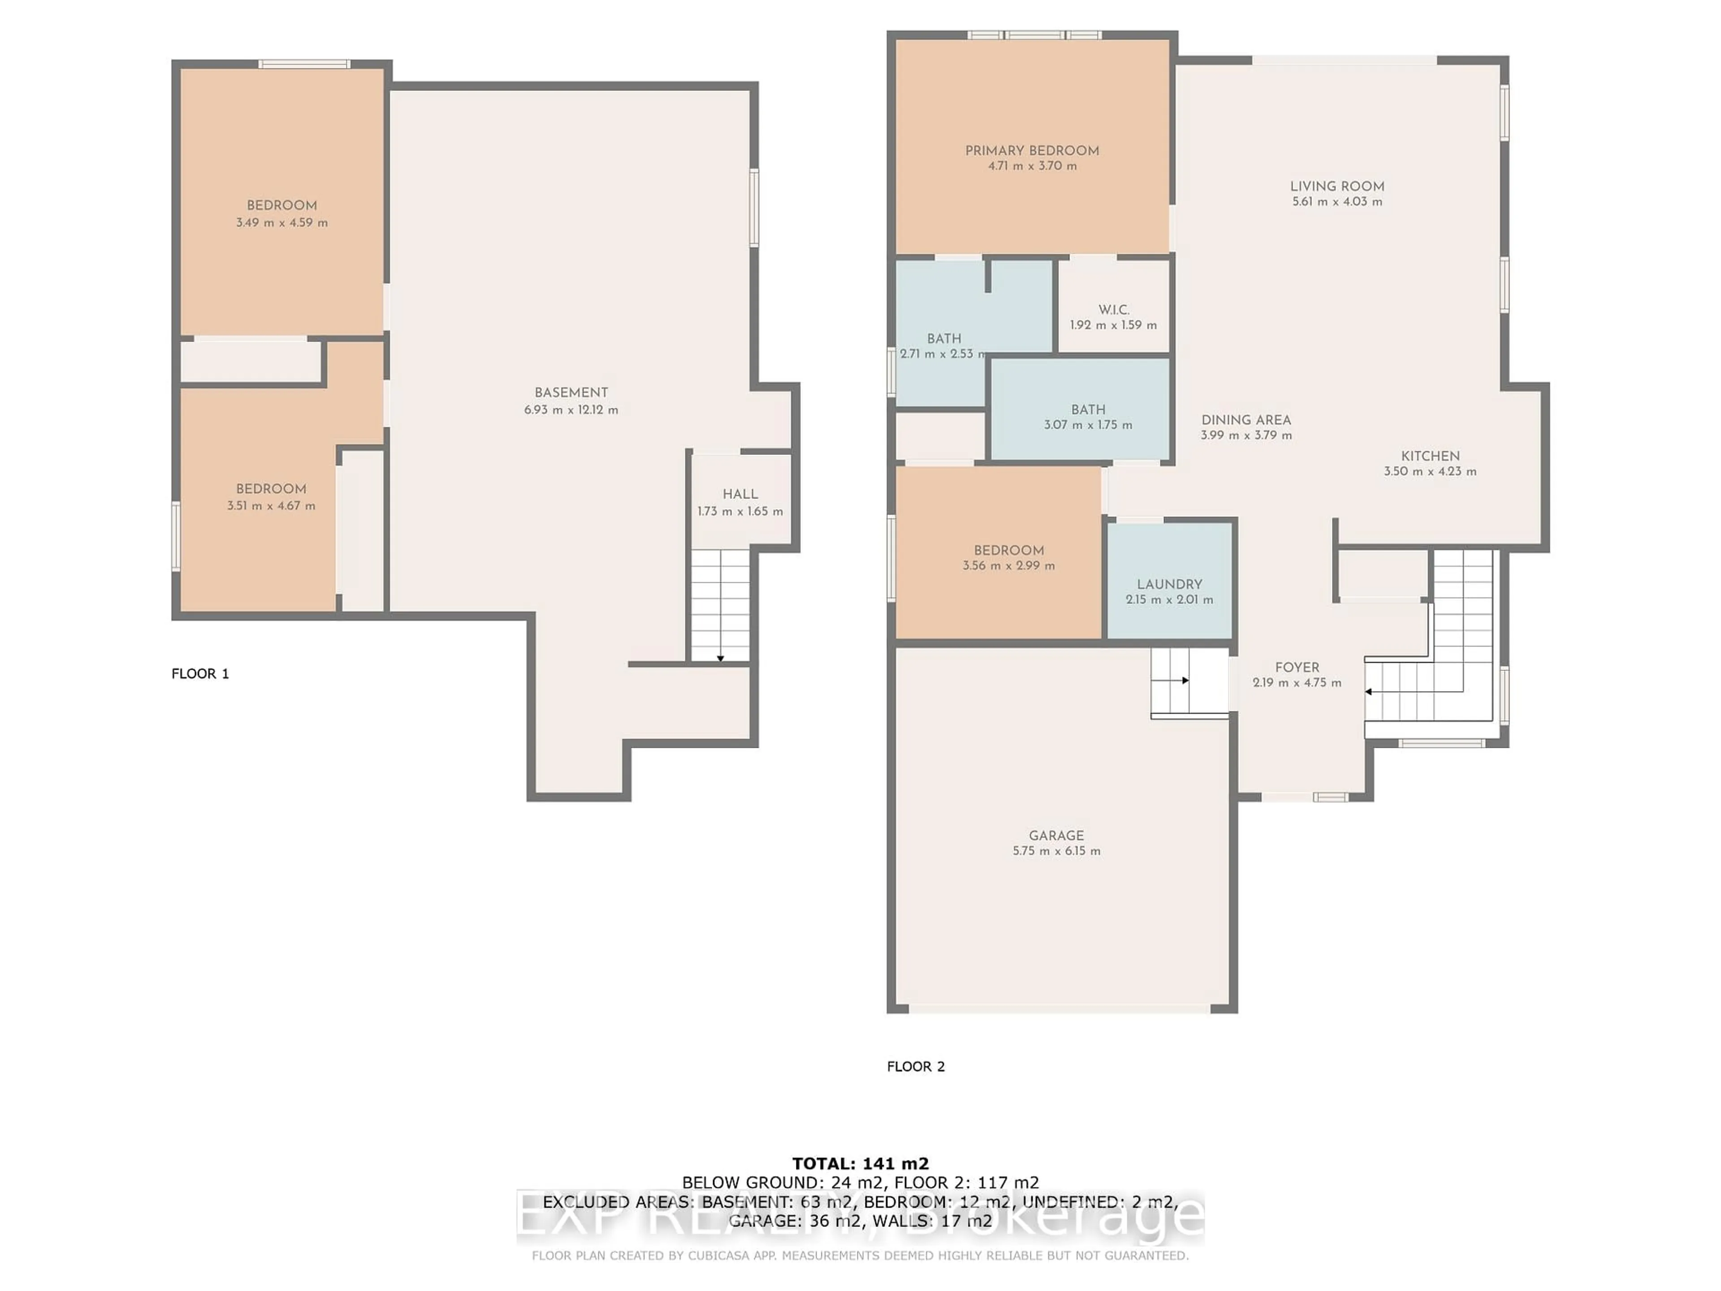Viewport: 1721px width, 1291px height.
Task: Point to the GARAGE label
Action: pos(1056,836)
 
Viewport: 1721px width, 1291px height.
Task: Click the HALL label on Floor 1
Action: pos(740,494)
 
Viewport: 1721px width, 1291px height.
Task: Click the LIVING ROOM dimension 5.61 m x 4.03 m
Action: pos(1336,202)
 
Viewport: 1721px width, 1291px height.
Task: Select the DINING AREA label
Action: pos(1245,420)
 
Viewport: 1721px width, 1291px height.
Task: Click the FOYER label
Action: pos(1297,667)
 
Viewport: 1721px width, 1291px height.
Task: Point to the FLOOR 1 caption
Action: pos(200,674)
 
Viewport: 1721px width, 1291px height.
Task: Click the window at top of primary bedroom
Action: pos(1034,35)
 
